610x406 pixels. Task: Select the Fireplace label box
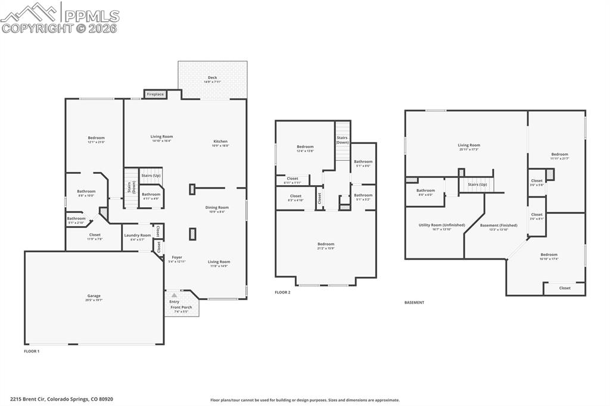pos(155,94)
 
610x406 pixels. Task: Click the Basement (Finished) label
pos(499,227)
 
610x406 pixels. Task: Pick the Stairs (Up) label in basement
pos(477,185)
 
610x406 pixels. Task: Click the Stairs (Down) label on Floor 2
pos(342,140)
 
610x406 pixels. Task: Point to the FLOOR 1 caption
pos(32,351)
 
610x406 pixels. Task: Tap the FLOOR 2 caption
pos(282,292)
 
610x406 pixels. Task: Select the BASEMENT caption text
pos(414,302)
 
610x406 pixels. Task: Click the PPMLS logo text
pos(91,15)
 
